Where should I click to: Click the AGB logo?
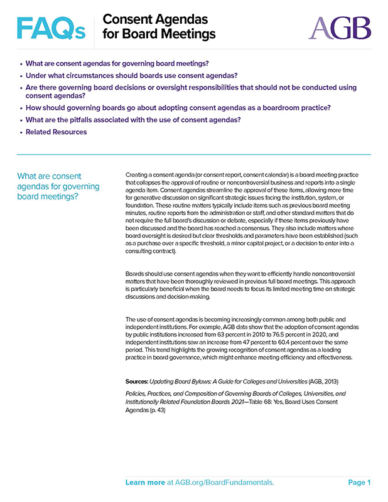[x=340, y=28]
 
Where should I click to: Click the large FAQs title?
[x=51, y=28]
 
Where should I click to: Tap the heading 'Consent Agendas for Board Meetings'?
[x=158, y=27]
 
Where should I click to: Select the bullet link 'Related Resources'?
[x=56, y=132]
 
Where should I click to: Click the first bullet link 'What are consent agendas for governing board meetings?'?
[x=117, y=63]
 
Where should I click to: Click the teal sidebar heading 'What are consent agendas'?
[x=58, y=186]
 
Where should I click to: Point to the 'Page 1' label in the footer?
[x=359, y=483]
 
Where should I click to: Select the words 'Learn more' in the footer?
[x=144, y=483]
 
